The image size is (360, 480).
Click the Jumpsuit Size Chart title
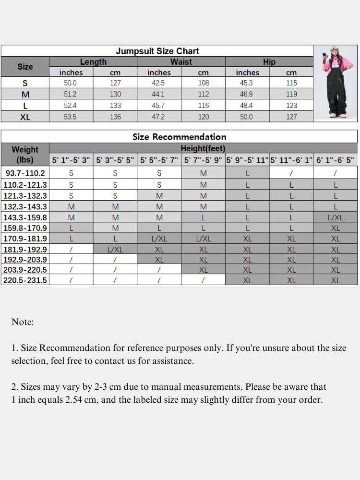click(x=157, y=51)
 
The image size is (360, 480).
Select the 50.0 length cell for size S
click(x=71, y=83)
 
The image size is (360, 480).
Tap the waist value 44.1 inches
click(x=159, y=94)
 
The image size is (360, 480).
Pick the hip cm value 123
click(x=291, y=105)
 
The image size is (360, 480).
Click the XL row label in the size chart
click(x=25, y=117)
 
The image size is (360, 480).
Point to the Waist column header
click(x=181, y=62)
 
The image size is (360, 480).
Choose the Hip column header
click(x=269, y=62)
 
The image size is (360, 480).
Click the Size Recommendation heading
click(x=179, y=137)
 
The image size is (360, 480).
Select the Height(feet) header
click(x=203, y=148)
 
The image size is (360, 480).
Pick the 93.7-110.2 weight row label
click(x=25, y=173)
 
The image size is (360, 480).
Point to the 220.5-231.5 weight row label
click(x=25, y=280)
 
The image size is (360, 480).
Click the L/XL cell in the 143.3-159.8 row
click(x=335, y=217)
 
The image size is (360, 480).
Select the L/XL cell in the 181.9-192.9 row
click(x=115, y=250)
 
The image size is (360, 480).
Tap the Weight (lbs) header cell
click(x=25, y=155)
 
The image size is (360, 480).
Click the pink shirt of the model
click(x=335, y=65)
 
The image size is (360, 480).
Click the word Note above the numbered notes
click(x=23, y=322)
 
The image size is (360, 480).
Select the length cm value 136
click(x=115, y=117)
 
